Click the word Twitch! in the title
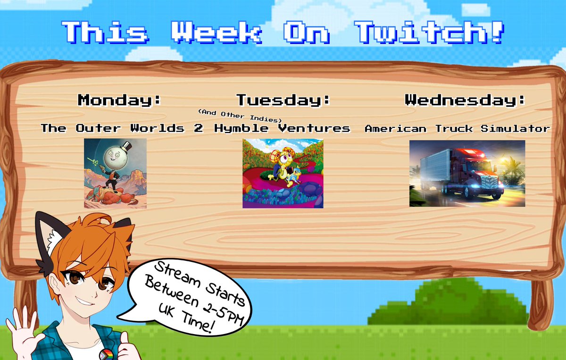tap(429, 33)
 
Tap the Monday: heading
tap(119, 100)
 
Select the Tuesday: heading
tap(283, 100)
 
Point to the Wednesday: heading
tap(465, 100)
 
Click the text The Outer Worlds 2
tap(122, 128)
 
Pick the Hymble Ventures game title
tap(282, 128)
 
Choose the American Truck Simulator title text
tap(457, 128)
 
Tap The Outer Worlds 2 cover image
tap(115, 173)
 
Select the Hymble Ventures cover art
tap(283, 173)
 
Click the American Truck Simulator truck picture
tap(467, 173)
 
